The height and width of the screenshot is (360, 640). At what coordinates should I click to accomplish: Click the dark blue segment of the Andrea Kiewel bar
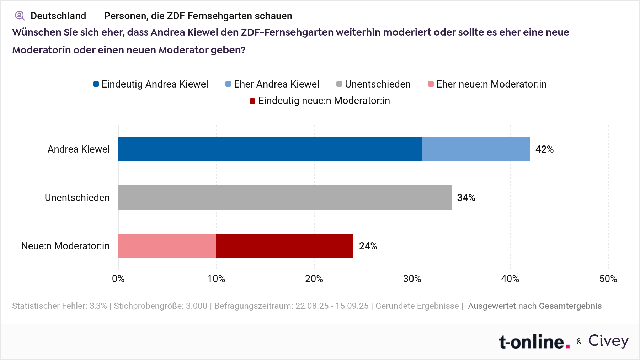pyautogui.click(x=270, y=149)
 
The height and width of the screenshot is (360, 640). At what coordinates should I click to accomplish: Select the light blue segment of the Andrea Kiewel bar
pyautogui.click(x=476, y=149)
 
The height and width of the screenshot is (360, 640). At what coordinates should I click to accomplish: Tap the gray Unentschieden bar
pyautogui.click(x=284, y=197)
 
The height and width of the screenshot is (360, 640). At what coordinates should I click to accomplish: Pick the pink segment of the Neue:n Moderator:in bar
pyautogui.click(x=167, y=246)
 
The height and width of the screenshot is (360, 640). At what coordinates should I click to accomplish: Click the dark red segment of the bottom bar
pyautogui.click(x=284, y=246)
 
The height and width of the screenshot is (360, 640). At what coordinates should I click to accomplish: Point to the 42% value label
pyautogui.click(x=544, y=149)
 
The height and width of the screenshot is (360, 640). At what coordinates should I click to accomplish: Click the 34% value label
pyautogui.click(x=466, y=198)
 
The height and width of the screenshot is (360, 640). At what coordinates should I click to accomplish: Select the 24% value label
pyautogui.click(x=368, y=246)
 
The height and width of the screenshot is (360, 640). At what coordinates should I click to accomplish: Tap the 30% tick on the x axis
pyautogui.click(x=412, y=279)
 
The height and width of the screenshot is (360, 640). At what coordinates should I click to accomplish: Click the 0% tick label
pyautogui.click(x=118, y=279)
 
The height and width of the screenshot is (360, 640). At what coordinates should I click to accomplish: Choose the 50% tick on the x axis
pyautogui.click(x=608, y=279)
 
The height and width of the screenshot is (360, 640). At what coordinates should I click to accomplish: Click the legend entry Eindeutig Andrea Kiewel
pyautogui.click(x=151, y=84)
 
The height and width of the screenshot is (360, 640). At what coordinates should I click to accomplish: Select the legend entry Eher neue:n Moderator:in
pyautogui.click(x=487, y=84)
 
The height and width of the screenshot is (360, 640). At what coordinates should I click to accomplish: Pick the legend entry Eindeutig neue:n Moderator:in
pyautogui.click(x=320, y=101)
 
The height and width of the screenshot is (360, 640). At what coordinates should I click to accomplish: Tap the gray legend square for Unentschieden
pyautogui.click(x=339, y=84)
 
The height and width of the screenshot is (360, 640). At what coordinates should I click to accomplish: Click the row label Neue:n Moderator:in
pyautogui.click(x=65, y=246)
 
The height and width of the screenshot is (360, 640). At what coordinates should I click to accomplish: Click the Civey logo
pyautogui.click(x=608, y=341)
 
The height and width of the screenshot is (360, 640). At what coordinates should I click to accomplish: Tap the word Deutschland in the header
pyautogui.click(x=58, y=16)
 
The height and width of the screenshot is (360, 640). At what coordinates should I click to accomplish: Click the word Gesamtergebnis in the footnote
pyautogui.click(x=570, y=306)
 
